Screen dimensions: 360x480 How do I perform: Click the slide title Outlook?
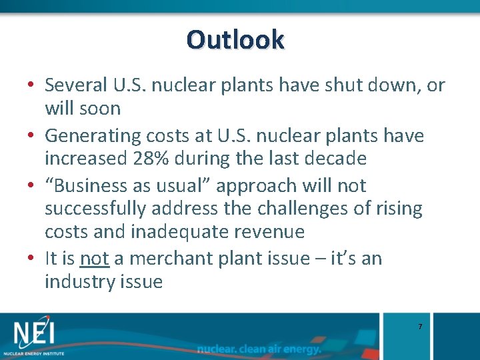[x=235, y=39]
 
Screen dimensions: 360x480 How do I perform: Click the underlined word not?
[x=94, y=259]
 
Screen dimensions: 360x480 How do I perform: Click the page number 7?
[x=419, y=327]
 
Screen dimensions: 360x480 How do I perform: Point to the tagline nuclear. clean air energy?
[x=259, y=349]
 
